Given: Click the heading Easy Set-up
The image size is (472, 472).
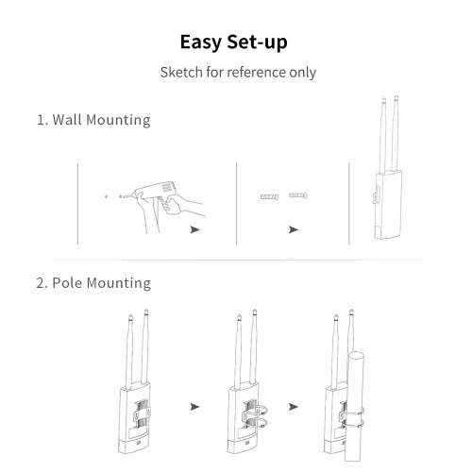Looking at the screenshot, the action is (x=233, y=42).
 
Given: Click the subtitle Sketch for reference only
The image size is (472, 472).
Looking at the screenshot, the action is (x=238, y=73).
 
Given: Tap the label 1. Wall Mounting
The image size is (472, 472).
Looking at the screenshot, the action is (x=93, y=120).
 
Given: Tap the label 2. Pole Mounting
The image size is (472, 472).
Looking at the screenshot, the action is (x=93, y=283).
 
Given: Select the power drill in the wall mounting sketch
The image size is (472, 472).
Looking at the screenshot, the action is (x=154, y=192).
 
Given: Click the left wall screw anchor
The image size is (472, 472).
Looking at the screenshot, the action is (x=270, y=197).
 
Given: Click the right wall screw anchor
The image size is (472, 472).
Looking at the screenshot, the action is (x=298, y=195).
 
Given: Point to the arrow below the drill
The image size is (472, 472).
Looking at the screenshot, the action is (x=195, y=229).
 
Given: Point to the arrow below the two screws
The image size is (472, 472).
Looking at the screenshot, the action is (x=294, y=229).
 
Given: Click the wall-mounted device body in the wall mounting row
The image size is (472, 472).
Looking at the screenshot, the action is (x=387, y=205).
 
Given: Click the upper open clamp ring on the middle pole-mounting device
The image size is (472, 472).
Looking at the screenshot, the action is (x=257, y=412).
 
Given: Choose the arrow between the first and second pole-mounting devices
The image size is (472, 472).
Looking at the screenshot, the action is (x=195, y=407).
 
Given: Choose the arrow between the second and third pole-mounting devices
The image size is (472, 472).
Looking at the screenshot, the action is (x=294, y=407).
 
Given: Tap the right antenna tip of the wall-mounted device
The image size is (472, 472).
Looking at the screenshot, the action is (x=396, y=97).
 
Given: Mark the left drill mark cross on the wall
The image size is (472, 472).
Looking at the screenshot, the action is (x=107, y=196).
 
